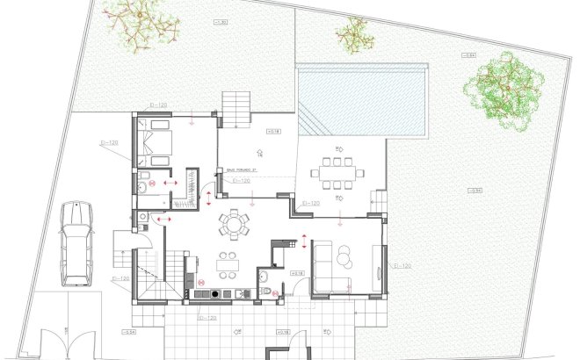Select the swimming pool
coord(362,99)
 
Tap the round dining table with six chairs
coord(234,223)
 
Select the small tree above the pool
coord(354,36)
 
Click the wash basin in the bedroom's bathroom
coord(142,187)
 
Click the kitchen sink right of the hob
coord(236,294)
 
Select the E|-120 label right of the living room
coord(402,264)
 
